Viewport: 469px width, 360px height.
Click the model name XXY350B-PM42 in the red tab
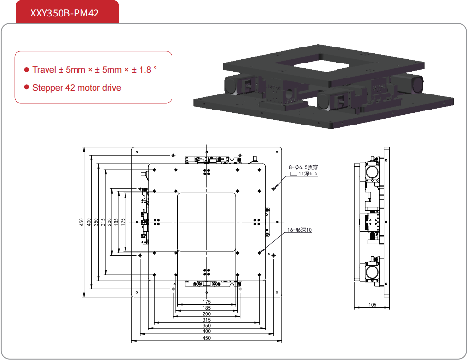pyautogui.click(x=64, y=13)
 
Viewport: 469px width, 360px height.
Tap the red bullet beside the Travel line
pyautogui.click(x=27, y=70)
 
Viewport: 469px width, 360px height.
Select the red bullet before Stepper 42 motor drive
pyautogui.click(x=27, y=88)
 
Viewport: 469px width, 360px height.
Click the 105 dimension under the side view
pyautogui.click(x=372, y=305)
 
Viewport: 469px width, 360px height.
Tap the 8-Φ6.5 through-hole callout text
pyautogui.click(x=304, y=167)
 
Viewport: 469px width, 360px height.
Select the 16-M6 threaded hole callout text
pyautogui.click(x=299, y=230)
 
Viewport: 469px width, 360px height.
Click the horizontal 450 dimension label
pyautogui.click(x=207, y=338)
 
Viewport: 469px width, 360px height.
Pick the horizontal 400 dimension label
pyautogui.click(x=207, y=332)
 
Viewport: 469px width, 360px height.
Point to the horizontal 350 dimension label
pyautogui.click(x=207, y=326)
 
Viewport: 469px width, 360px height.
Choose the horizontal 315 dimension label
pyautogui.click(x=207, y=320)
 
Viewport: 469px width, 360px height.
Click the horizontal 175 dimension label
pyautogui.click(x=207, y=302)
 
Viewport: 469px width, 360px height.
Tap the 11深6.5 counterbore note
pyautogui.click(x=308, y=173)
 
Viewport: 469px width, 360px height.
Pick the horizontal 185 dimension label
pyautogui.click(x=207, y=308)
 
